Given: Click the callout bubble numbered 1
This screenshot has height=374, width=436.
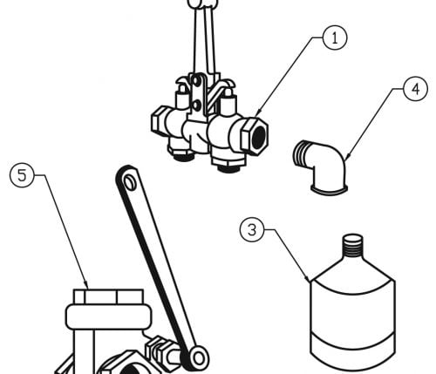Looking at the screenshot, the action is click(x=335, y=37).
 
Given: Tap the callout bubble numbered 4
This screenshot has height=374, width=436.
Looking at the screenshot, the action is click(x=416, y=89).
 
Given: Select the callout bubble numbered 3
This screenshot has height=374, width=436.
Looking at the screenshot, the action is click(x=252, y=229).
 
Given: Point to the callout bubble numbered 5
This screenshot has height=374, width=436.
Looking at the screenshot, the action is click(x=22, y=175).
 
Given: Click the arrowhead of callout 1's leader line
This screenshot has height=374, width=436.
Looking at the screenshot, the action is click(x=258, y=114).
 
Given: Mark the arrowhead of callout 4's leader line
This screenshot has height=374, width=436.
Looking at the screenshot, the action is click(x=347, y=156).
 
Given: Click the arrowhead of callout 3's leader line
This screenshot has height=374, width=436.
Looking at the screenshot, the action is click(x=308, y=278).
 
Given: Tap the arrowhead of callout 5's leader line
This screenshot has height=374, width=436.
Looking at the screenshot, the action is click(x=86, y=285).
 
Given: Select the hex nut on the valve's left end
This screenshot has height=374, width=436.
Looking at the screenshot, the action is click(x=158, y=122).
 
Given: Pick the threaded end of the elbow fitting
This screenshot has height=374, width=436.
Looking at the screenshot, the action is click(x=301, y=153).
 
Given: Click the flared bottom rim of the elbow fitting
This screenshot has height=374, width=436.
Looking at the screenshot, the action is click(x=330, y=189).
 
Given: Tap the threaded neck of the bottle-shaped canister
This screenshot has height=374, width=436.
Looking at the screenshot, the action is click(x=353, y=246).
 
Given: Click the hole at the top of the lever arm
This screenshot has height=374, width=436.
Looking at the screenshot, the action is click(x=129, y=183).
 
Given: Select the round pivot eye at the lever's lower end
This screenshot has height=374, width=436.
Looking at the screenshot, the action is click(x=198, y=357).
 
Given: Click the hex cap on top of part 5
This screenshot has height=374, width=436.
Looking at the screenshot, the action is click(x=108, y=296).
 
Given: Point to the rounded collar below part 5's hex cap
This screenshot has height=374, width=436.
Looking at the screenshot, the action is click(x=109, y=316).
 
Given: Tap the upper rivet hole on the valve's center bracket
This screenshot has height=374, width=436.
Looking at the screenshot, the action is click(x=197, y=80).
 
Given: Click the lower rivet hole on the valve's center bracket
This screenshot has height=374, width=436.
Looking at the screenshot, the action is click(x=197, y=105).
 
